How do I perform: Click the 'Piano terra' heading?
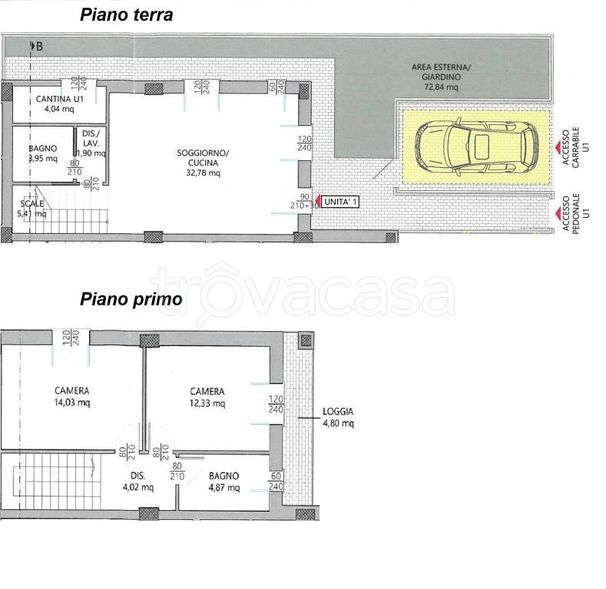127,15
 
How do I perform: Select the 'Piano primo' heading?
131,299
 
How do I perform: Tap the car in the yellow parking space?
476,146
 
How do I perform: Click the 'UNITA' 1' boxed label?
340,202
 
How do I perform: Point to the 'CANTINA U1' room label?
59,99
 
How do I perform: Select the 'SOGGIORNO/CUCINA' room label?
203,158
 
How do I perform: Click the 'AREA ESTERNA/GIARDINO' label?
441,72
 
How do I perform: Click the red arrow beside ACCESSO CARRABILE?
558,147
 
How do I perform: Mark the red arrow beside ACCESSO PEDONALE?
558,212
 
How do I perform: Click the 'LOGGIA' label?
338,411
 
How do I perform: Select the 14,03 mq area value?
72,403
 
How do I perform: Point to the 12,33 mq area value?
207,403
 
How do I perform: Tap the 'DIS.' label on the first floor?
138,476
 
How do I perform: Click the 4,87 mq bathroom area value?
224,488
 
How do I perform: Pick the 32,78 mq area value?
204,173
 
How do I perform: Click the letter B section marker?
39,46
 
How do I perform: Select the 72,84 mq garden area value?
441,87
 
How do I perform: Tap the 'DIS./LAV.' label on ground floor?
91,139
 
